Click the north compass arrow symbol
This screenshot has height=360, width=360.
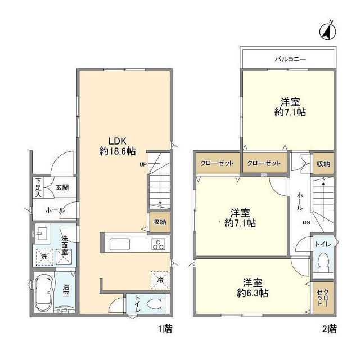[x=327, y=31]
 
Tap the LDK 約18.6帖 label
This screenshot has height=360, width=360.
[x=118, y=146]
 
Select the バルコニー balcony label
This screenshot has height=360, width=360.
[x=290, y=59]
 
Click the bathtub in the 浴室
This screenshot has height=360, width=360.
[x=44, y=291]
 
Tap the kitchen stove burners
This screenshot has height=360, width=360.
[x=158, y=244]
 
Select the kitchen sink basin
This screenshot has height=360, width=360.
[x=120, y=244]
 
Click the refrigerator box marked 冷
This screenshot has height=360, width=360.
[x=160, y=280]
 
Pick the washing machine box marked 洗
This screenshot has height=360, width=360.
[x=44, y=257]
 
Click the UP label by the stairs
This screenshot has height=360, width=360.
[x=143, y=164]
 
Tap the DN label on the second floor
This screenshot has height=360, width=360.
[x=306, y=222]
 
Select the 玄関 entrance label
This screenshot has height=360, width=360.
[x=62, y=187]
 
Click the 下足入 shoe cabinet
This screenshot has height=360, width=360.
[x=38, y=187]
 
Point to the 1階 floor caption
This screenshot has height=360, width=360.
[x=165, y=328]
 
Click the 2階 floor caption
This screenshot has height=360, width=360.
[x=330, y=328]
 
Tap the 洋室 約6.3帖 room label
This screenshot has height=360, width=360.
[x=253, y=288]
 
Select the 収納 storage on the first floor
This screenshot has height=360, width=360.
[x=160, y=222]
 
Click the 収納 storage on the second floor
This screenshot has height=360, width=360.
[x=323, y=164]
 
